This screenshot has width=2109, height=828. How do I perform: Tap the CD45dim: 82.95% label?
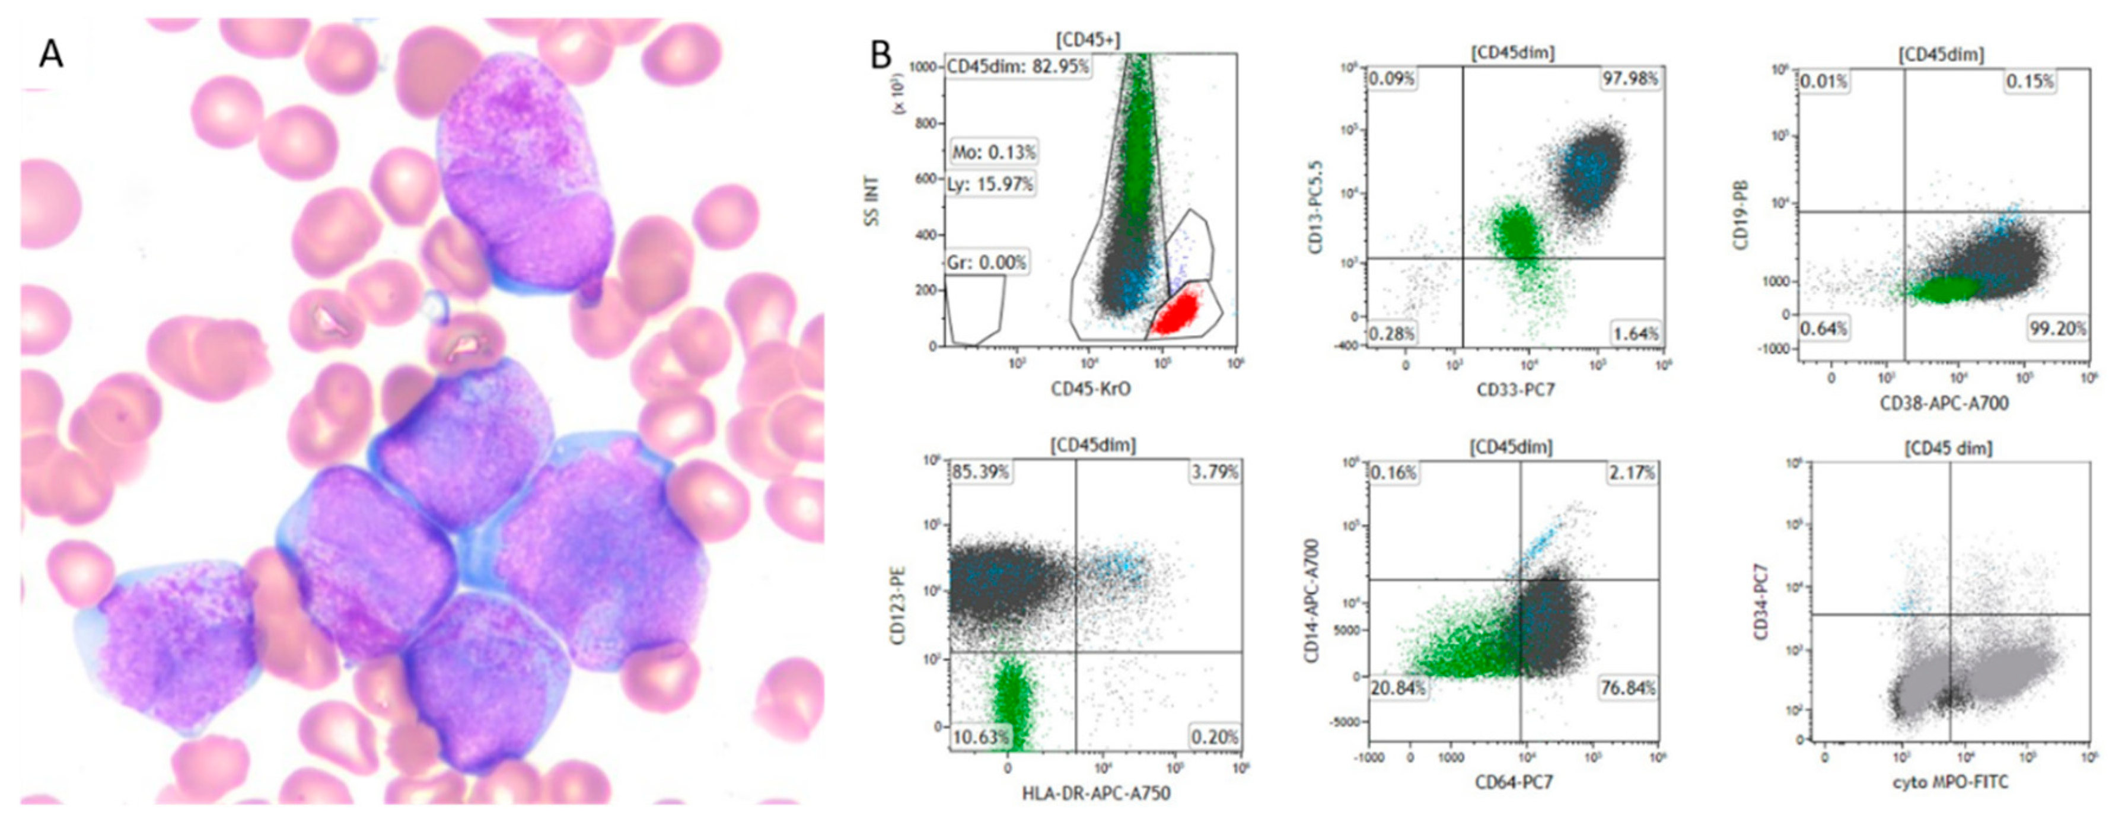[1018, 66]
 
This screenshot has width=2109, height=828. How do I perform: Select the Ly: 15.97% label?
[992, 184]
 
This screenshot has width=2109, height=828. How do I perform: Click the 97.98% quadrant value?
[1630, 79]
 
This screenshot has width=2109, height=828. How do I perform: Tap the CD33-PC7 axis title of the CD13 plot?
[1515, 391]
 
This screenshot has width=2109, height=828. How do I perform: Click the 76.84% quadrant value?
[1627, 688]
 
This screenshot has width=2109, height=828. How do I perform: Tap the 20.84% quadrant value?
[1397, 688]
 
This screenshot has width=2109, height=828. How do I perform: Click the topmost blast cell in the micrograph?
[524, 176]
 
